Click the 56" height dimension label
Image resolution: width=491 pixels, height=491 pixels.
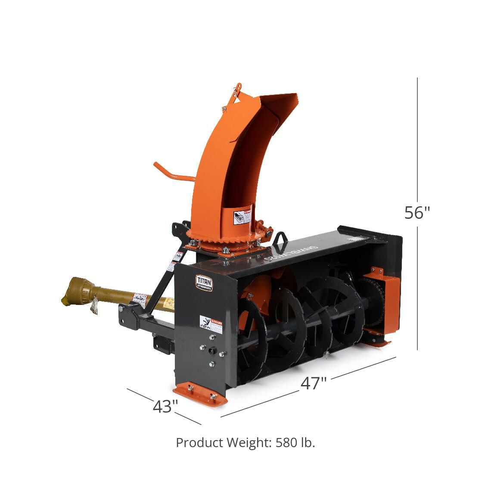[417, 212]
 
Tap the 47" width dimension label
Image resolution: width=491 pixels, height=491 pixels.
[314, 383]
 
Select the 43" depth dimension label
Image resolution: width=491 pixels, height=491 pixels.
[165, 406]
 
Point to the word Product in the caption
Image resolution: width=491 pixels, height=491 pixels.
[199, 442]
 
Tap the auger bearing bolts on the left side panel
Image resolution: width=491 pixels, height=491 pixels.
[211, 352]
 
